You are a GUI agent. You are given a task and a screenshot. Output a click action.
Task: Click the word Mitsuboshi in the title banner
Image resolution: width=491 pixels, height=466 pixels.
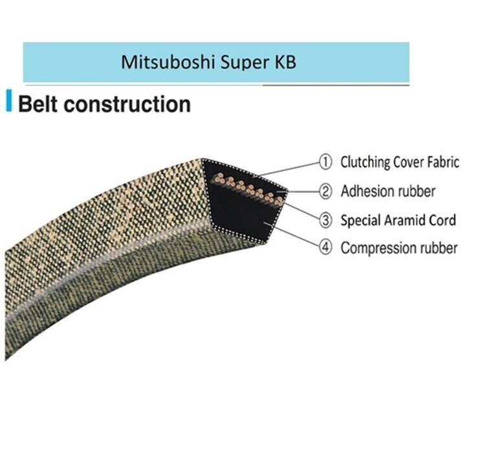tap(160, 63)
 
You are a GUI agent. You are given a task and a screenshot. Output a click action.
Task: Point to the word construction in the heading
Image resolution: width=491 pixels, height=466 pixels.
tap(129, 104)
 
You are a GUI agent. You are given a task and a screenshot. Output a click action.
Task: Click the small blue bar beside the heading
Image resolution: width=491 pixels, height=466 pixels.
tap(9, 102)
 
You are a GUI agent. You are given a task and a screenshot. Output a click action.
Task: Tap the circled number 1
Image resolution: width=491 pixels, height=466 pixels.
tap(325, 162)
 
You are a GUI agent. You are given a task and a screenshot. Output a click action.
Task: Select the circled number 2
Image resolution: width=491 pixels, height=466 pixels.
tap(325, 192)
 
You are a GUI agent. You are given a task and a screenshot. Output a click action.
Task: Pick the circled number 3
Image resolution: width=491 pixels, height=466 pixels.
tap(325, 220)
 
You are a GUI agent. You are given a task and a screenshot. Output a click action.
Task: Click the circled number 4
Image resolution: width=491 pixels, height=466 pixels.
tap(325, 248)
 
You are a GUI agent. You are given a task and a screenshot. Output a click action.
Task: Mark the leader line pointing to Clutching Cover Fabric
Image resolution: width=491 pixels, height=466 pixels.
tap(288, 168)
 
